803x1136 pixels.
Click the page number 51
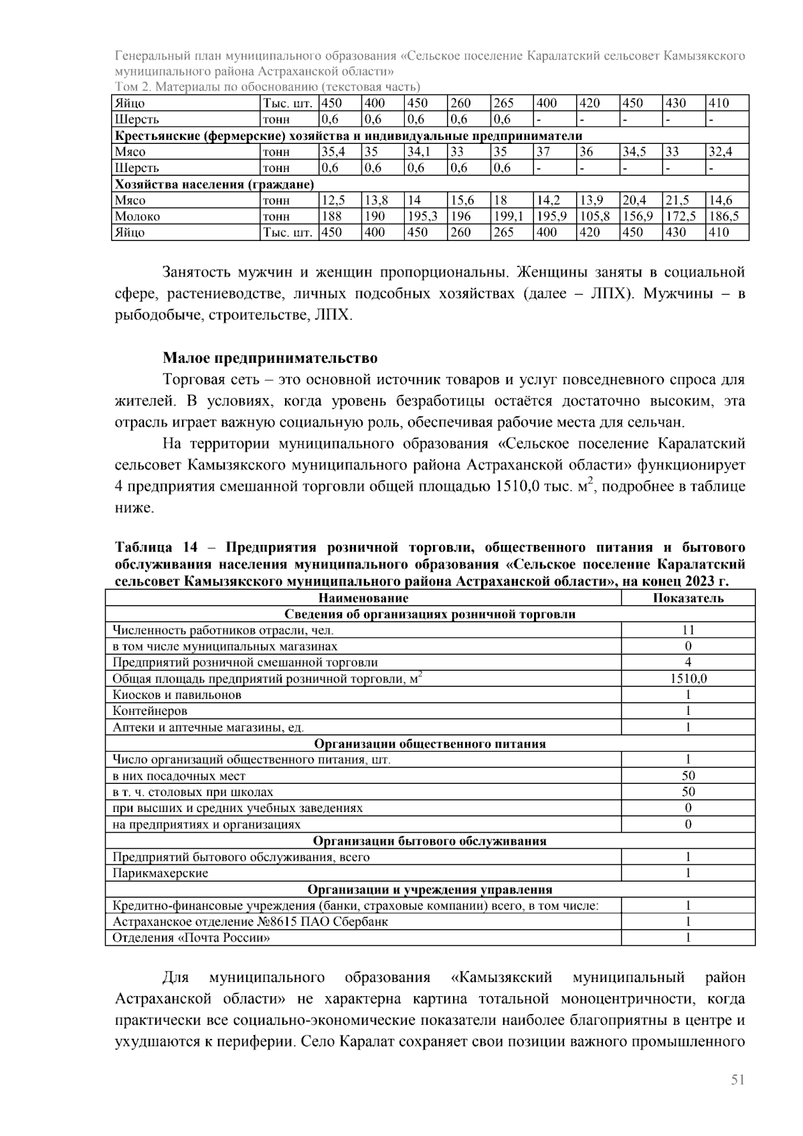737,1080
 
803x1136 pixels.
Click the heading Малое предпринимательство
270,359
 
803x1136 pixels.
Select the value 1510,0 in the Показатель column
688,679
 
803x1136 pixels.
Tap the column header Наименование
363,598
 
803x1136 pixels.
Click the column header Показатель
688,598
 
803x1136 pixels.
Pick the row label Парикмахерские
160,873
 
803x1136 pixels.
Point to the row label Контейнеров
150,711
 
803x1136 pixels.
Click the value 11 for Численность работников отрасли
688,630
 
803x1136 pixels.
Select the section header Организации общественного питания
430,744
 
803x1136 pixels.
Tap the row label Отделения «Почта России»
191,938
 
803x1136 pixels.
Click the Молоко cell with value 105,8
593,216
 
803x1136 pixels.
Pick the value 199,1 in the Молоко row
507,216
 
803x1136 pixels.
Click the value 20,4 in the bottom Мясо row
634,200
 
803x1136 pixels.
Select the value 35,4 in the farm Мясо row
333,152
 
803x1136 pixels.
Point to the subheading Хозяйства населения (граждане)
214,184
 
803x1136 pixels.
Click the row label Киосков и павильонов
177,695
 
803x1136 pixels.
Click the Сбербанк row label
250,922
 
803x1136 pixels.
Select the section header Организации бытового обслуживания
430,841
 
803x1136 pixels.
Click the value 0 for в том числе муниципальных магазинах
688,647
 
